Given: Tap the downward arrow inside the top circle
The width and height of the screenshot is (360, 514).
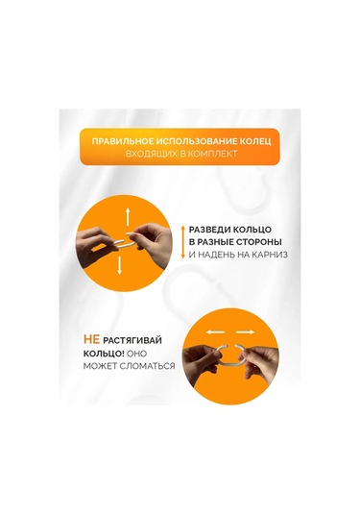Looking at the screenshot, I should (x=119, y=271).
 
